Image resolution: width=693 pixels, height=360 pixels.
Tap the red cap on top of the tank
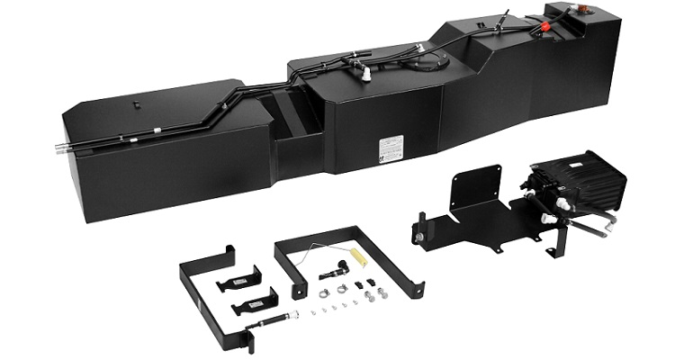point(544,27)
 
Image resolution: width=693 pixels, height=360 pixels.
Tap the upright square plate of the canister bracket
point(477,189)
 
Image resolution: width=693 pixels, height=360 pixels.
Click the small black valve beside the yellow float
point(341,267)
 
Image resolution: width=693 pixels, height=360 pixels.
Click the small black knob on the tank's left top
point(137,103)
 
